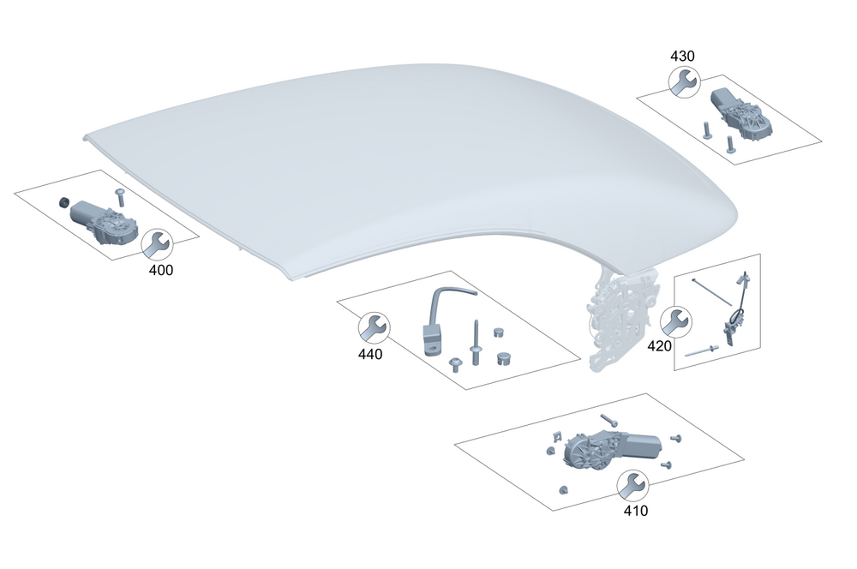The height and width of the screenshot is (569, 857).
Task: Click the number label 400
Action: (x=161, y=270)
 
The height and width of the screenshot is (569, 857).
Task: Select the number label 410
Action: (x=636, y=511)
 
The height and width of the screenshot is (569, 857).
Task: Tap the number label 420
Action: (x=659, y=346)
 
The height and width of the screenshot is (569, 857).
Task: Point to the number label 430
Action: (x=682, y=56)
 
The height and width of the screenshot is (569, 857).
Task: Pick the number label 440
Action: (x=370, y=354)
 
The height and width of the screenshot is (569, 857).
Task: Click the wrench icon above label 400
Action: (x=158, y=244)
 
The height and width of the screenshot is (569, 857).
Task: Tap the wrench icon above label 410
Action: (x=633, y=486)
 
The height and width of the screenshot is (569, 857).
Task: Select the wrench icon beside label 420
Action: (x=676, y=321)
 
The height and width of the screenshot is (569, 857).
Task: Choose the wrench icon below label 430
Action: (x=684, y=82)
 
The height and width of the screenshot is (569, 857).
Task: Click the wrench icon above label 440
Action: (x=375, y=328)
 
